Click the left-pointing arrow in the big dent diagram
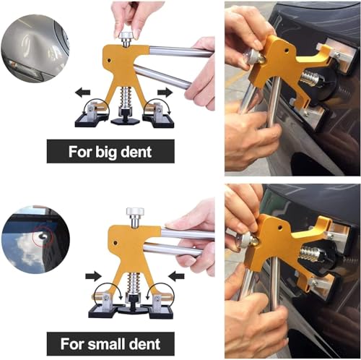click(82, 93)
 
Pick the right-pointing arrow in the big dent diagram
click(165, 93)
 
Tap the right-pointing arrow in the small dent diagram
click(93, 276)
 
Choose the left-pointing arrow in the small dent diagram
click(177, 276)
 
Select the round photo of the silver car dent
click(35, 48)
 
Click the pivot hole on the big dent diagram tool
click(109, 60)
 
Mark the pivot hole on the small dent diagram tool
click(116, 243)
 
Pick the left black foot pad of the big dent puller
click(91, 121)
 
